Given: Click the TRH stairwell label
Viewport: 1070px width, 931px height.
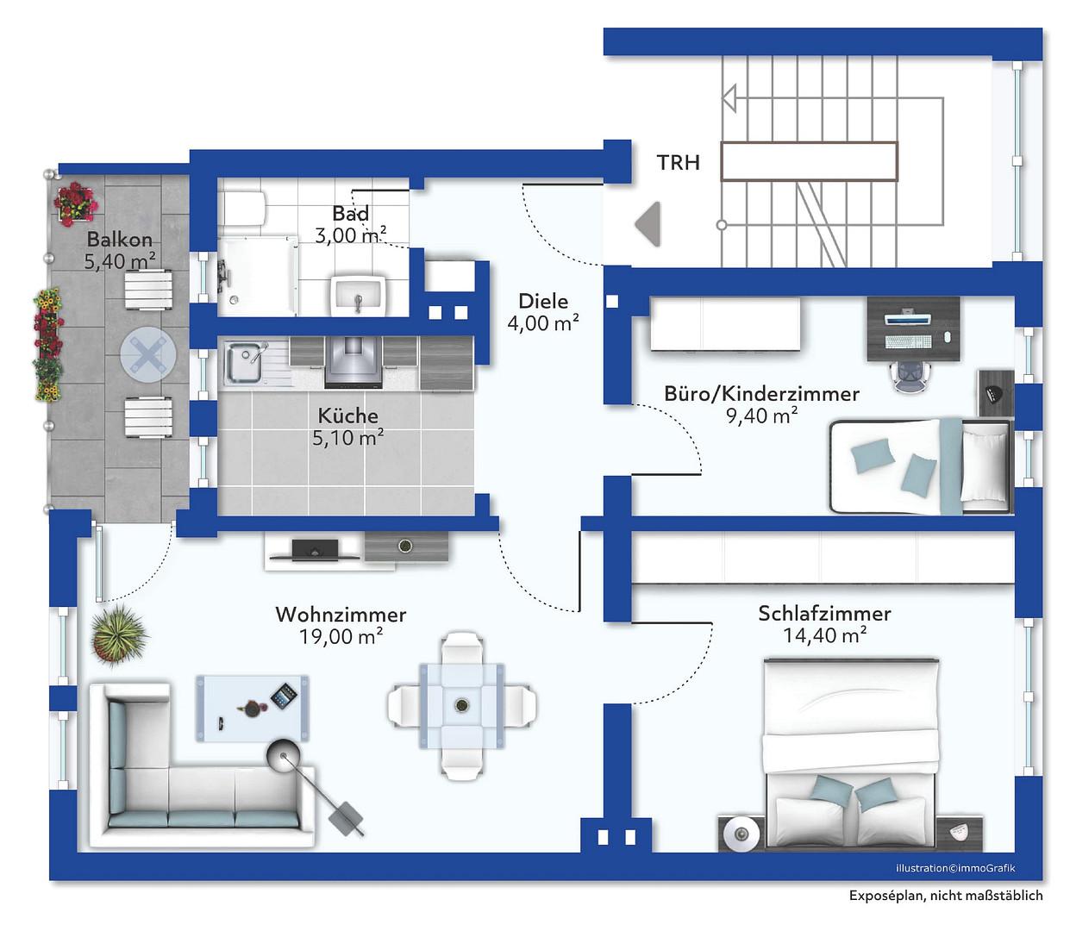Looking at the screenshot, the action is pos(678,163).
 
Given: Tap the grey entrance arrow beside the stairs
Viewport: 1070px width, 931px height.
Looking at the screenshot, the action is pos(648,224).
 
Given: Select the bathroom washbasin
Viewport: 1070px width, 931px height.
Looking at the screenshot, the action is pos(358,296).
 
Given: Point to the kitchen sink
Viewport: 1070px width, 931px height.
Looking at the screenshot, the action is pos(244,363).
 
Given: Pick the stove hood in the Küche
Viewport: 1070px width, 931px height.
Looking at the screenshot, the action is pos(353,362).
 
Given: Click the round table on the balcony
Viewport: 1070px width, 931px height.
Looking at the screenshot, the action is pos(148,355).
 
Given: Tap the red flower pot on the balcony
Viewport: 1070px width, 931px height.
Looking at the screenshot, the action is pos(76,203).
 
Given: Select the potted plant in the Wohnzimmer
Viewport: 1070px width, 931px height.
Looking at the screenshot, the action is pos(118,635).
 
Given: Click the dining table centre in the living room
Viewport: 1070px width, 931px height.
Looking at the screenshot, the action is pos(460,705).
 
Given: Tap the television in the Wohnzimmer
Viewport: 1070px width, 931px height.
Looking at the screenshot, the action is pos(315,550).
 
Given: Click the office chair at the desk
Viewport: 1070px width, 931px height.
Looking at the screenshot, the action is pos(910,377).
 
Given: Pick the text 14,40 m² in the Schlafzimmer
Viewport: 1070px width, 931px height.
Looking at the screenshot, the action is pos(824,635).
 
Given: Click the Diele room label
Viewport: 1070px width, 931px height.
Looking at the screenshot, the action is pos(543,301).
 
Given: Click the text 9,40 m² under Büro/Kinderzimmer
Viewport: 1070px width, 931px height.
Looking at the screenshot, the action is pos(761,416).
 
